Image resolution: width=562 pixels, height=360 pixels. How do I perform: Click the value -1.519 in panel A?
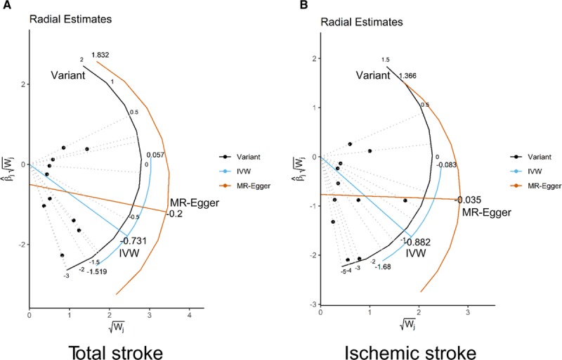pyautogui.click(x=98, y=271)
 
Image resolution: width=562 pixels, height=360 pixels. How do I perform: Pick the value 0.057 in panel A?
pyautogui.click(x=155, y=155)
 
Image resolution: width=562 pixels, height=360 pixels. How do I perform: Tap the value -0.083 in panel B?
pyautogui.click(x=447, y=165)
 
